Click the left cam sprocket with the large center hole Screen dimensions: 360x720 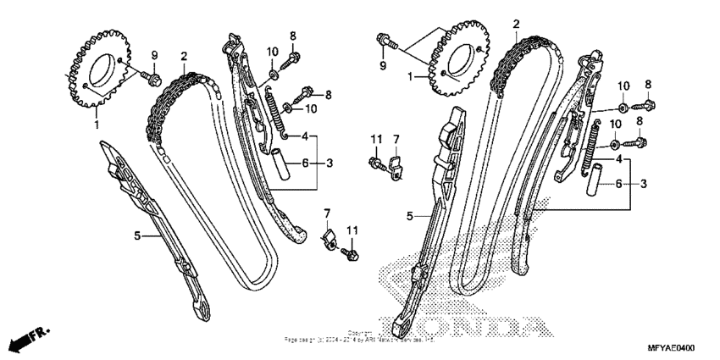tap(95, 72)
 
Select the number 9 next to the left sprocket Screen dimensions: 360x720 tap(154, 56)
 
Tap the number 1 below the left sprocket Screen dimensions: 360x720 tap(96, 125)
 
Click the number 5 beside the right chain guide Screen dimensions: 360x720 tap(410, 217)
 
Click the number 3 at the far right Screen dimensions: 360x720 tap(643, 184)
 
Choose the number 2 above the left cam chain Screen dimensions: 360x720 tap(183, 56)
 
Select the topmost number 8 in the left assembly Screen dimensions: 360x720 tap(292, 36)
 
